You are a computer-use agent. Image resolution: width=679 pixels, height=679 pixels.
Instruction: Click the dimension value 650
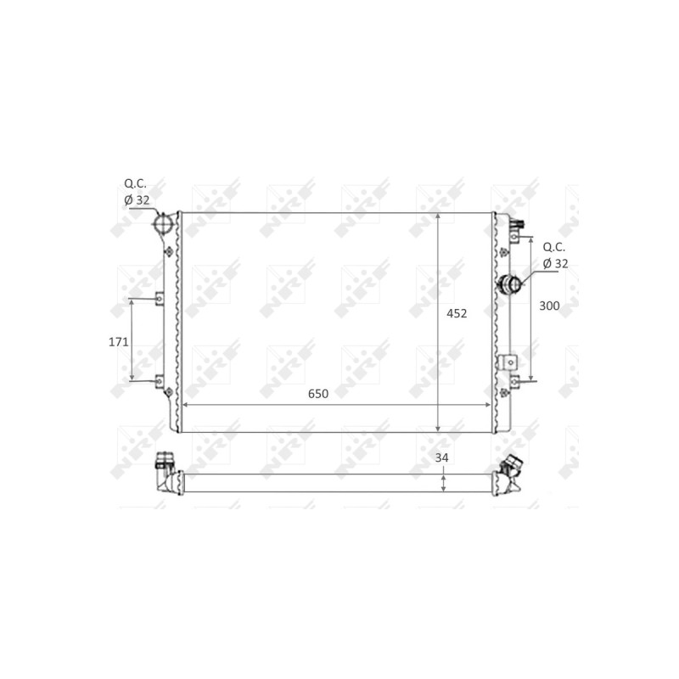[317, 394]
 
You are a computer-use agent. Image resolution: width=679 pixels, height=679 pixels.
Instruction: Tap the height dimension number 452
[457, 313]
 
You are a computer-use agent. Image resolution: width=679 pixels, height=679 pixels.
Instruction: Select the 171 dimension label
[118, 342]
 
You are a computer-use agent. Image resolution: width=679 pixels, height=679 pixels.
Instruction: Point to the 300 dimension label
[549, 306]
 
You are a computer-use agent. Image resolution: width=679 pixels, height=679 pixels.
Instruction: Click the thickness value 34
[441, 457]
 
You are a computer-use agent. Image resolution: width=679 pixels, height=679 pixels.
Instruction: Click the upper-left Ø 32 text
[137, 200]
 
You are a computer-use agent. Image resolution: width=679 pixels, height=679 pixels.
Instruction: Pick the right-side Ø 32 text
[555, 263]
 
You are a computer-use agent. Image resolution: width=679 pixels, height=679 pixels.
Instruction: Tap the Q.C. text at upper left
[135, 183]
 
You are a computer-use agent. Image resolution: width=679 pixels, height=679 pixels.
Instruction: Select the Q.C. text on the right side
[554, 247]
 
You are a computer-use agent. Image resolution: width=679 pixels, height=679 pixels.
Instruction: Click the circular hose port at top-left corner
[162, 223]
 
